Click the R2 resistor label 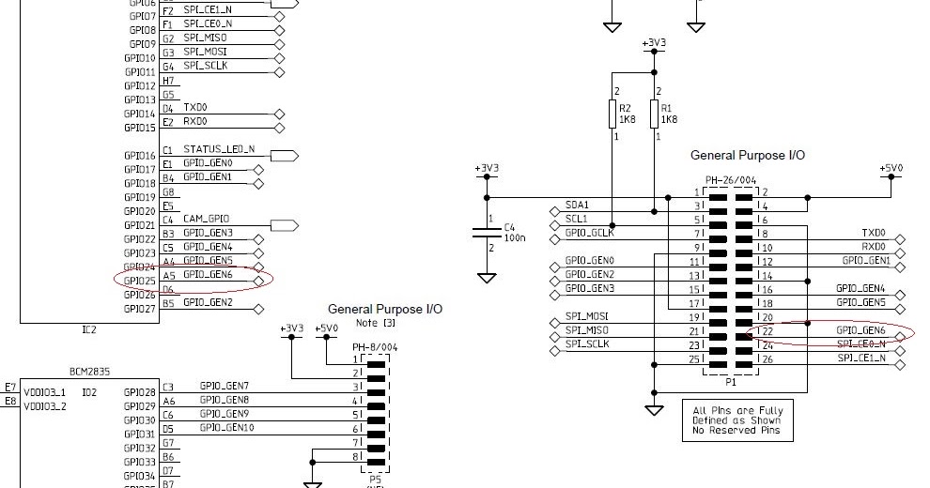tap(624, 108)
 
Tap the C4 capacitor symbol tap(487, 228)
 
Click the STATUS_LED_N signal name tap(219, 150)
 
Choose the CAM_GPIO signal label tap(207, 220)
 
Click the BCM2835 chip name tap(90, 372)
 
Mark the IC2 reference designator tap(89, 330)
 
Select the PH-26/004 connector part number tap(731, 178)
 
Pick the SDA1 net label tap(577, 205)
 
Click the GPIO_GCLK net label tap(589, 232)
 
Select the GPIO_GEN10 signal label tap(226, 428)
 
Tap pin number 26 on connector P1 tap(767, 359)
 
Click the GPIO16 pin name tap(140, 156)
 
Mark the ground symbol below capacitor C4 tap(487, 278)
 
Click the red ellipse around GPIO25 tap(193, 278)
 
